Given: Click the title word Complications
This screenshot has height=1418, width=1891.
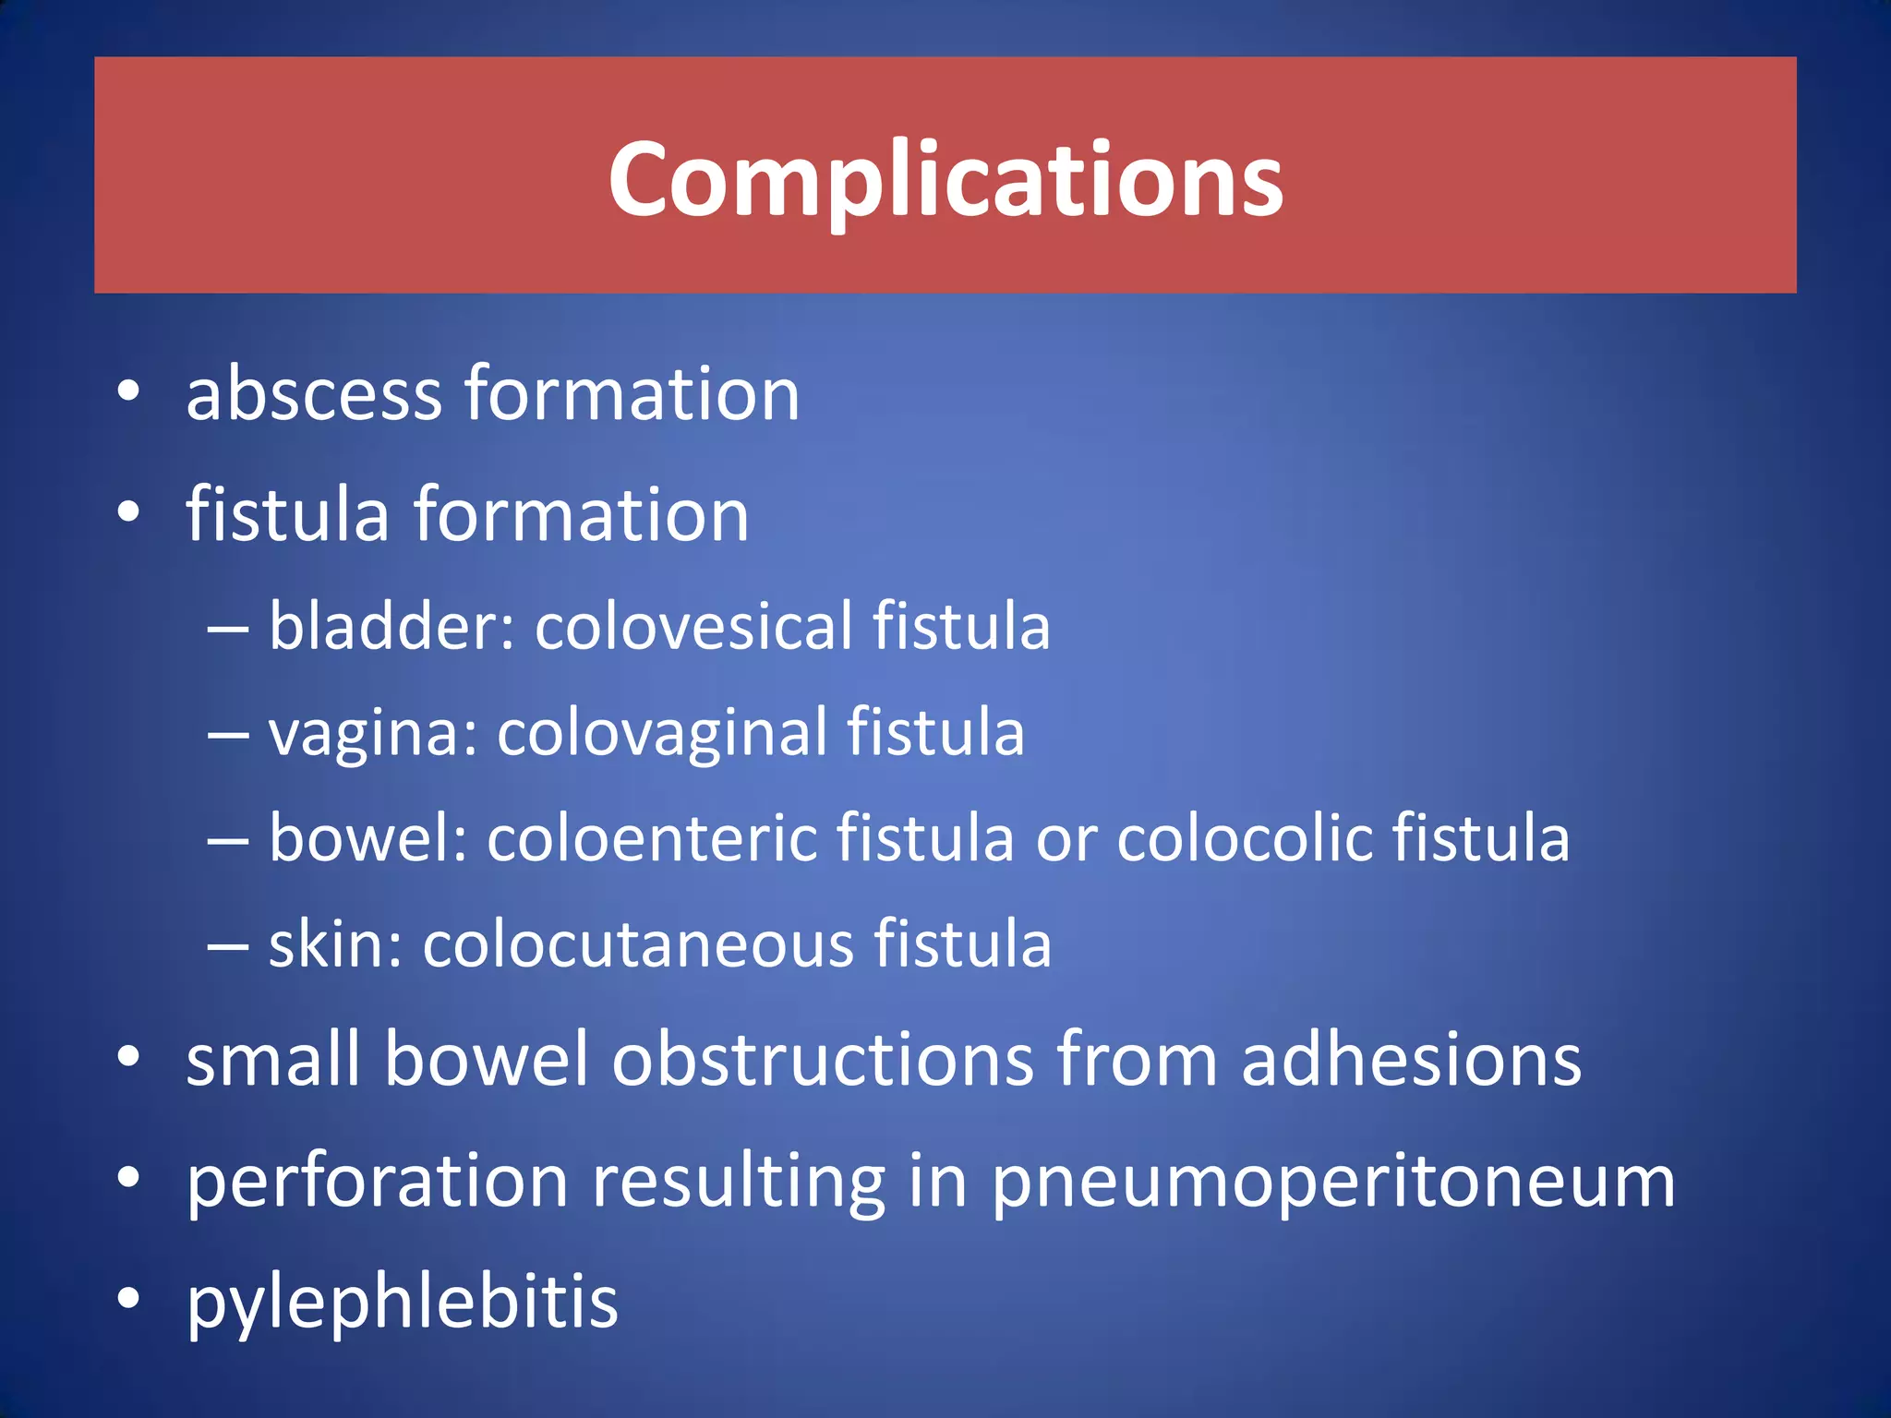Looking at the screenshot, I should [945, 180].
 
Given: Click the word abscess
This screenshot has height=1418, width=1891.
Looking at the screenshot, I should [314, 394].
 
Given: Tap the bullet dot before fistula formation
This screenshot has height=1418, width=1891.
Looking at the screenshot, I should [128, 512].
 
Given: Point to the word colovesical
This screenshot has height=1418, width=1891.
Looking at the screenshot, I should [693, 626].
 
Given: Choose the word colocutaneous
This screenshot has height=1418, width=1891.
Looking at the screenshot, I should [638, 944].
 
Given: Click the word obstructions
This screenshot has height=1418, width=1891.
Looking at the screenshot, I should [823, 1060].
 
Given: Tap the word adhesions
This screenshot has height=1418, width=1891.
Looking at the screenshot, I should [1411, 1060].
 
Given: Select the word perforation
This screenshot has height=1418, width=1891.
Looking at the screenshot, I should [378, 1182].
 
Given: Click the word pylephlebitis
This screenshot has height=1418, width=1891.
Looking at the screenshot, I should [402, 1303].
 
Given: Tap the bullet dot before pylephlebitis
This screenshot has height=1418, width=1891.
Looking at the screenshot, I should [128, 1297].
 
